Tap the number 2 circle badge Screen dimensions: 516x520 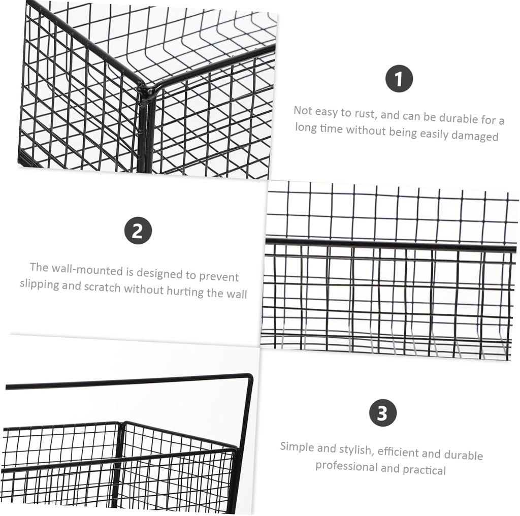(138, 231)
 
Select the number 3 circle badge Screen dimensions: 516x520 (382, 413)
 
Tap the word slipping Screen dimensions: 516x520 (39, 284)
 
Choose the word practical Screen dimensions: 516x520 (424, 469)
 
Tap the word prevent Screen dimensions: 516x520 (219, 276)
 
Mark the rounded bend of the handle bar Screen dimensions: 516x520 (249, 378)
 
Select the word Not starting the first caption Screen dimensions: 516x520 (303, 110)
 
